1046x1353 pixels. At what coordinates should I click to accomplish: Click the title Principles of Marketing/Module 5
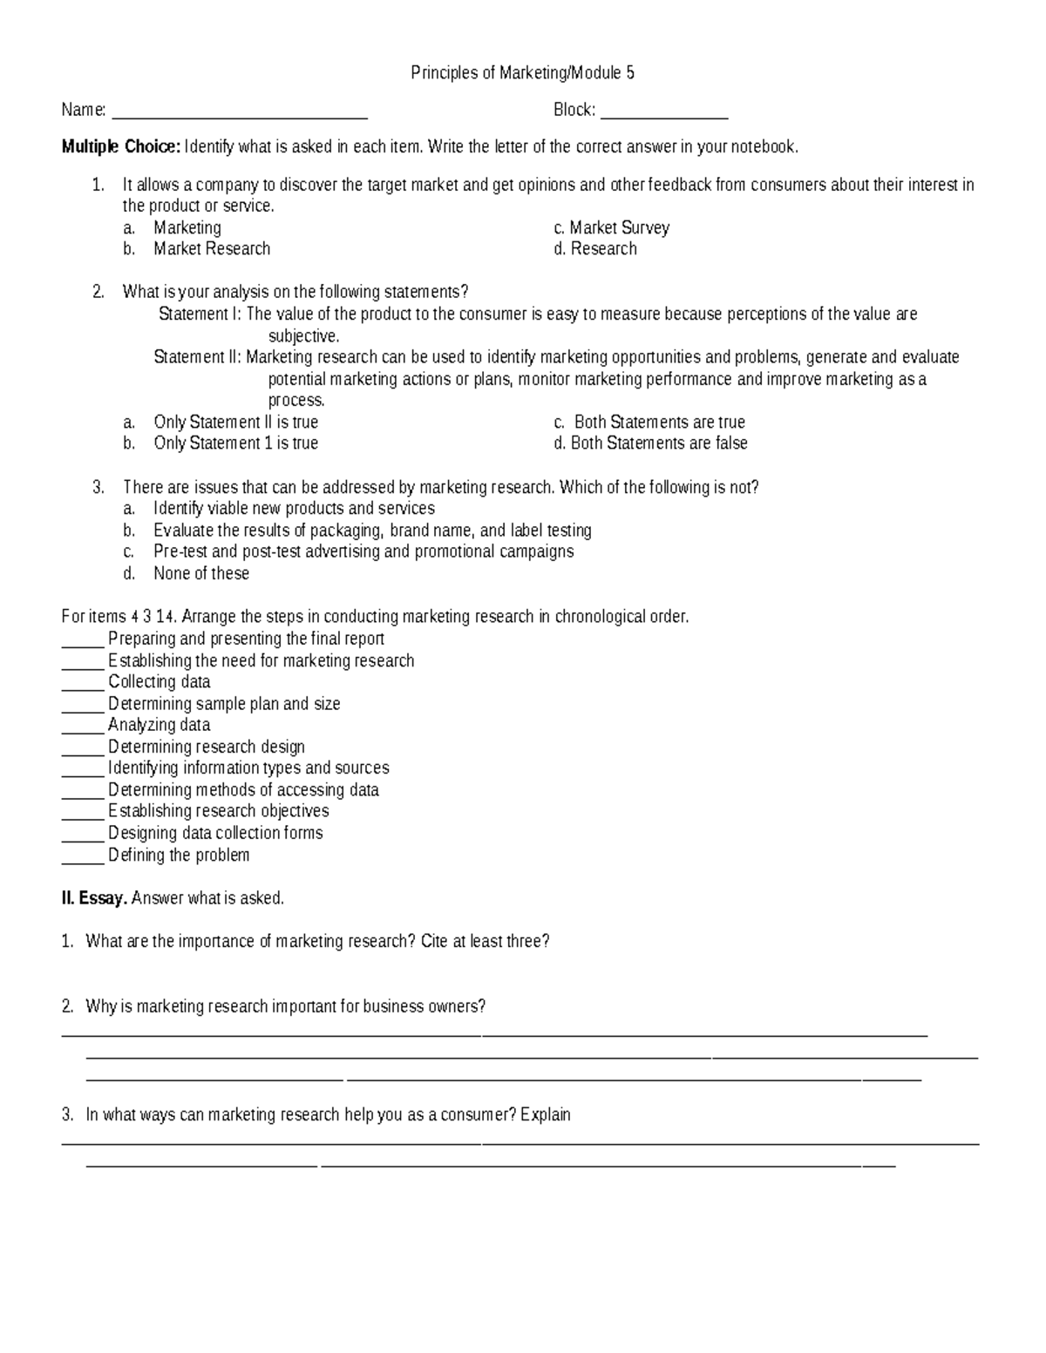[x=522, y=73]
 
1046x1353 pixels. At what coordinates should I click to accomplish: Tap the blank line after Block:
[x=664, y=114]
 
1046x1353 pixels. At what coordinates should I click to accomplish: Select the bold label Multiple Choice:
[x=120, y=147]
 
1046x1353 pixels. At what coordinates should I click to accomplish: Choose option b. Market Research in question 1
[x=212, y=249]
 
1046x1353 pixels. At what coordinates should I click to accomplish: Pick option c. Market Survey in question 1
[x=619, y=228]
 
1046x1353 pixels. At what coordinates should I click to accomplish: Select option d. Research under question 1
[x=603, y=249]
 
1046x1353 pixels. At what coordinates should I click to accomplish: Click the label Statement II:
[x=198, y=357]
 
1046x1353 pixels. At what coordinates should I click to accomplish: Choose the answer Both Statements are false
[x=659, y=443]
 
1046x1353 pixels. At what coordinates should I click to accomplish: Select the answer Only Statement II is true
[x=235, y=423]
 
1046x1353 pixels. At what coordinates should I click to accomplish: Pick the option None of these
[x=201, y=573]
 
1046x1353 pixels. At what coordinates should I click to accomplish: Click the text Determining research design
[x=207, y=747]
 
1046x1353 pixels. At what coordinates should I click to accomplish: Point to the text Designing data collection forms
[x=215, y=833]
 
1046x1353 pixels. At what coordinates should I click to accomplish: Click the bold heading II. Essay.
[x=94, y=898]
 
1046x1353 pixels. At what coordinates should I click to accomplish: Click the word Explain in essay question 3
[x=546, y=1115]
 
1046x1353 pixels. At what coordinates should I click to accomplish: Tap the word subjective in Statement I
[x=302, y=336]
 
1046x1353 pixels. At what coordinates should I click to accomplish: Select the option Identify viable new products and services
[x=294, y=509]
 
